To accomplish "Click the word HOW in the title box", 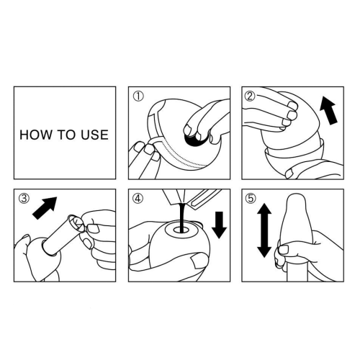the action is (x=35, y=135).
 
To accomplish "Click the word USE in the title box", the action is (x=94, y=135).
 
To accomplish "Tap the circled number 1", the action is (x=138, y=96).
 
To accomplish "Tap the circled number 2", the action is (x=250, y=96).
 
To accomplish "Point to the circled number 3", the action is (x=24, y=199).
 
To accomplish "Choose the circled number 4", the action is (x=138, y=199).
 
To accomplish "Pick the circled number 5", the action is (x=251, y=199).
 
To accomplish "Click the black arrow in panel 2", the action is (x=328, y=111).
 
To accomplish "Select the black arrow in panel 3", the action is (x=45, y=207).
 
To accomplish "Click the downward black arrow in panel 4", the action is (x=219, y=225).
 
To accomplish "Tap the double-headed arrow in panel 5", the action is (x=264, y=230).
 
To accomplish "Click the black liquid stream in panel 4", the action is (x=181, y=217).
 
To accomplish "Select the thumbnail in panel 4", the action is (x=199, y=261).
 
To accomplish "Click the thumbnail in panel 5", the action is (x=284, y=250).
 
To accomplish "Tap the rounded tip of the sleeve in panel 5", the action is (x=297, y=196).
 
